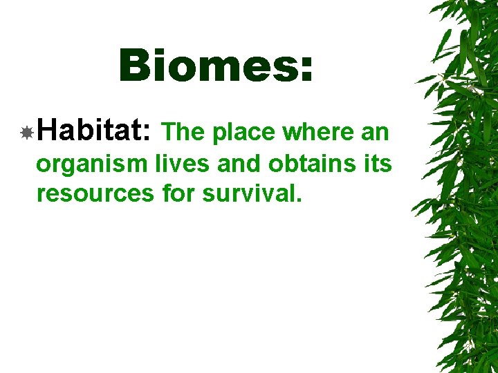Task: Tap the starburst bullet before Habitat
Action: (26, 133)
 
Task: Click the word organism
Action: (92, 165)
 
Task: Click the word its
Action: (379, 164)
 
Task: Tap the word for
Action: (179, 193)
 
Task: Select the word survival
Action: (248, 193)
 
